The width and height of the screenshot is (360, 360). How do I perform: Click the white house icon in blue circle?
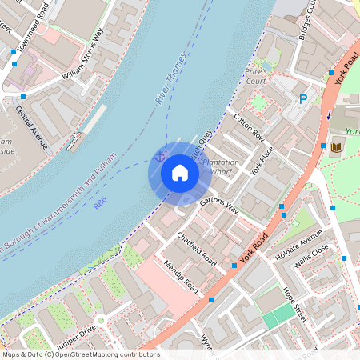(180, 173)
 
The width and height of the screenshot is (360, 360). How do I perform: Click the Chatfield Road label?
(197, 249)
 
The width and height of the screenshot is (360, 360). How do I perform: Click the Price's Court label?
(256, 77)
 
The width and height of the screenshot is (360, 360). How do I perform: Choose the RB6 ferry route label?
(99, 205)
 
